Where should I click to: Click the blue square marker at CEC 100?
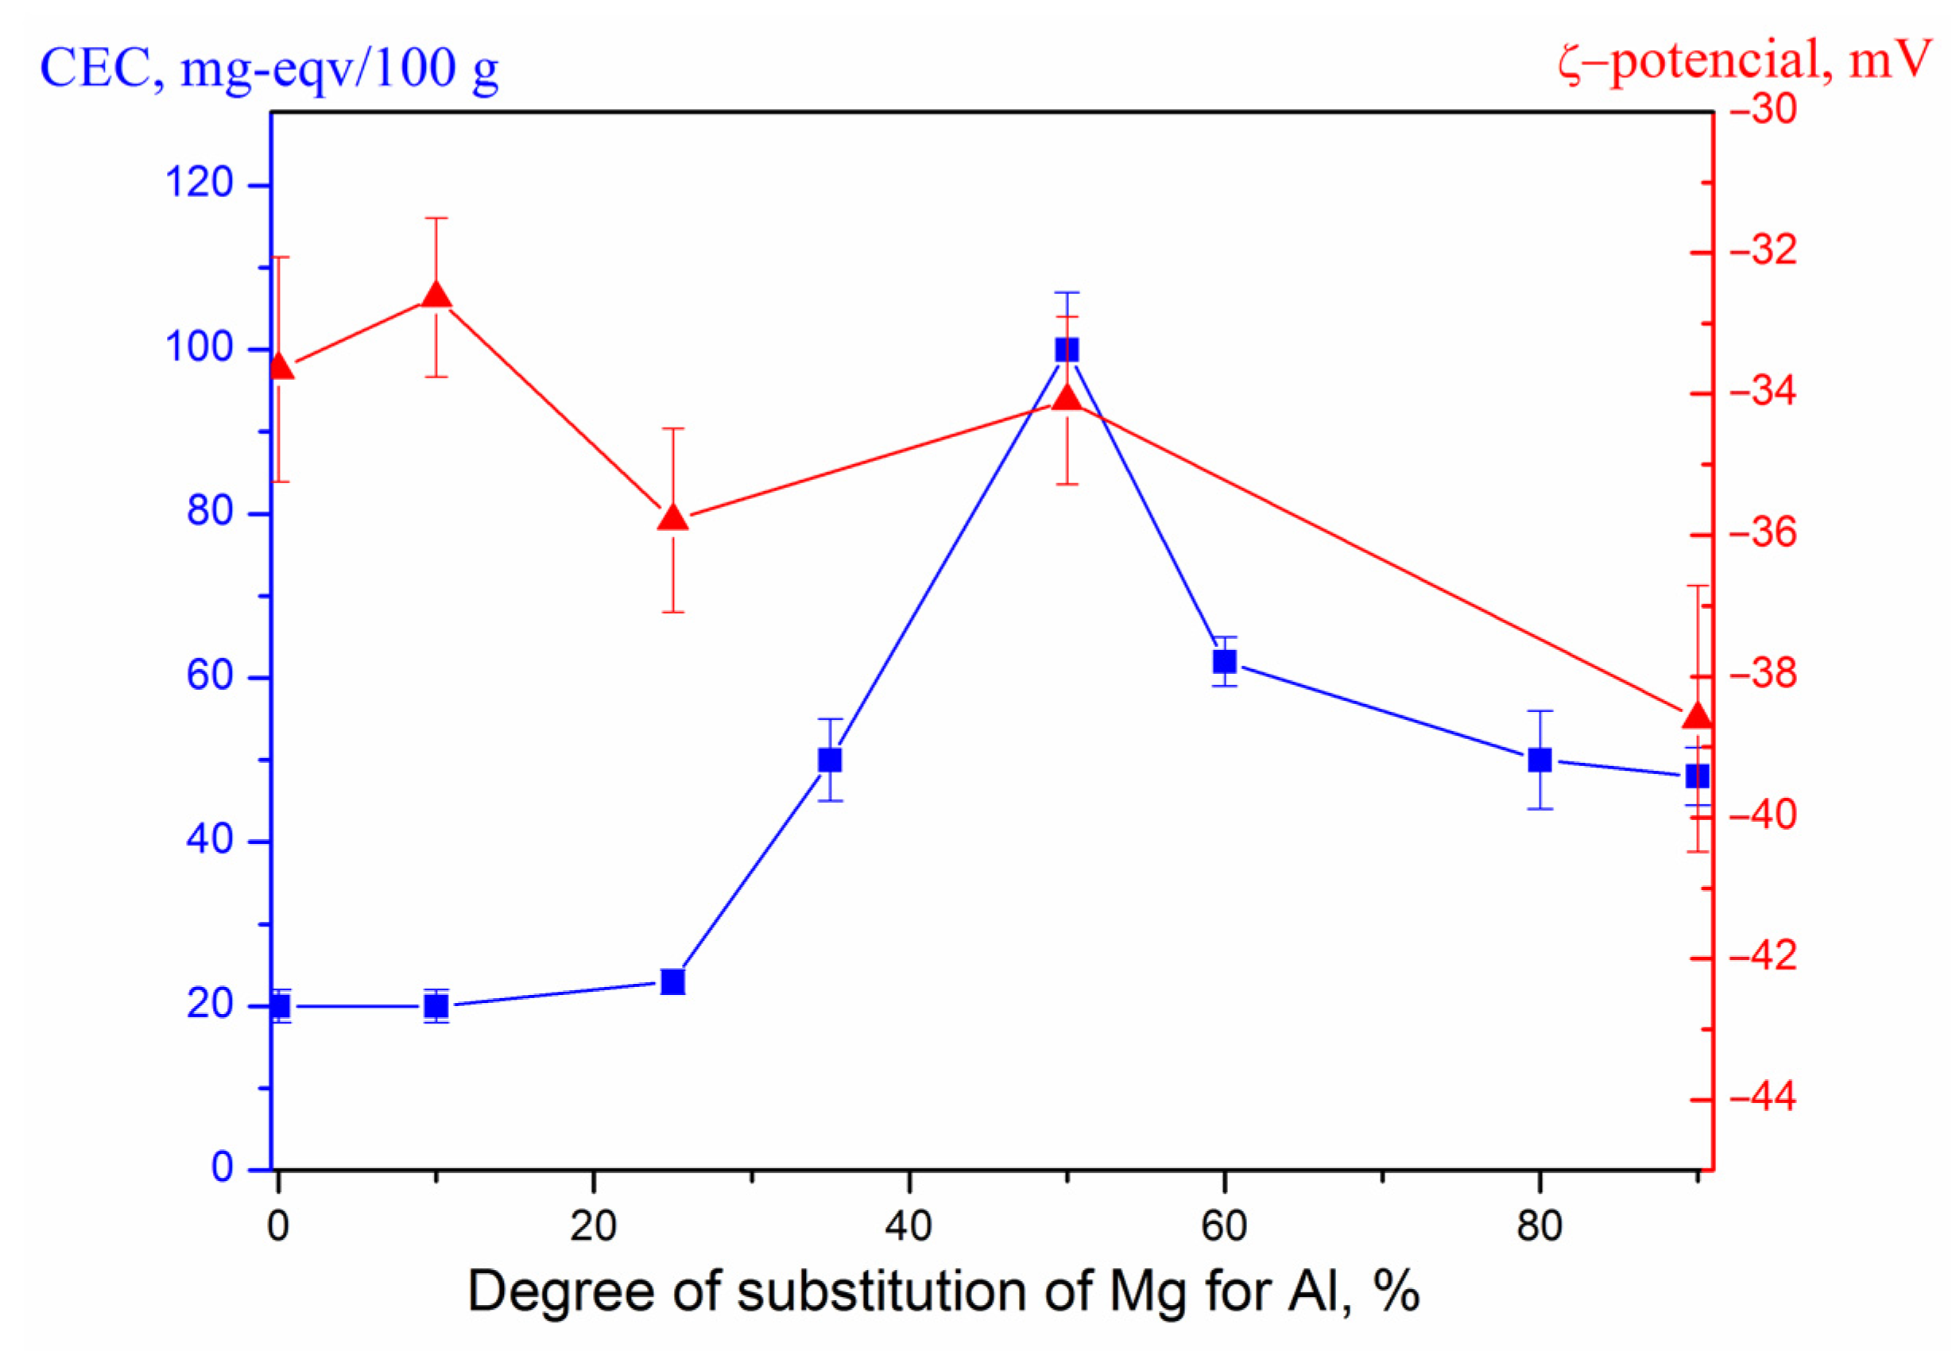[x=1066, y=350]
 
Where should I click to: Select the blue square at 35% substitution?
[x=830, y=759]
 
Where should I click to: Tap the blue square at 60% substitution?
[x=1224, y=660]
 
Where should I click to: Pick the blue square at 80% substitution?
[x=1540, y=759]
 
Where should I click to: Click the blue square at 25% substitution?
[x=672, y=981]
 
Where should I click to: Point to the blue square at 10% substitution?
[x=436, y=1005]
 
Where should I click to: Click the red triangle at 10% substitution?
[x=436, y=295]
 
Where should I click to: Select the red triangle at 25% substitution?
[x=672, y=517]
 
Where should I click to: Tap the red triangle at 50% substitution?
[x=1066, y=397]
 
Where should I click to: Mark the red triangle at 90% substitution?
[x=1697, y=716]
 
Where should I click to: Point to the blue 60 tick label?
[x=209, y=675]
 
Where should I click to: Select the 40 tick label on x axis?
[x=908, y=1225]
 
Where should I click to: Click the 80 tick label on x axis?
[x=1540, y=1225]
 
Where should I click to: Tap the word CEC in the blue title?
[x=100, y=68]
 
